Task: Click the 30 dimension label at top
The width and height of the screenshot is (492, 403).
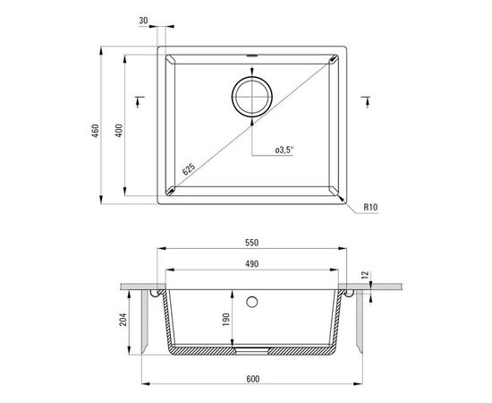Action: tap(143, 21)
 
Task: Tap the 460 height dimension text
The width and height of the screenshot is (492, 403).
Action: tap(96, 131)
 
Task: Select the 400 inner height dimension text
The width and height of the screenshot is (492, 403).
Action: tap(119, 131)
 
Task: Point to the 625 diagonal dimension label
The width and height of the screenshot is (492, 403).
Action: tap(189, 169)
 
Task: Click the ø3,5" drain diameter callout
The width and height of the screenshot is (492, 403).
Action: tap(284, 150)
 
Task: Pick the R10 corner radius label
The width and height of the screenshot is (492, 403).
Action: tap(371, 207)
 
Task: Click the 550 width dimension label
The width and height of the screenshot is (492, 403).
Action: tap(252, 243)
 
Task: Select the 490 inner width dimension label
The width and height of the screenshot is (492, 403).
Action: tap(252, 264)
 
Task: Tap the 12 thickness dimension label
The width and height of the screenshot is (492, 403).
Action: tap(366, 275)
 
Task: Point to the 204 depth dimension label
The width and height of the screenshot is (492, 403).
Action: tap(123, 320)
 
